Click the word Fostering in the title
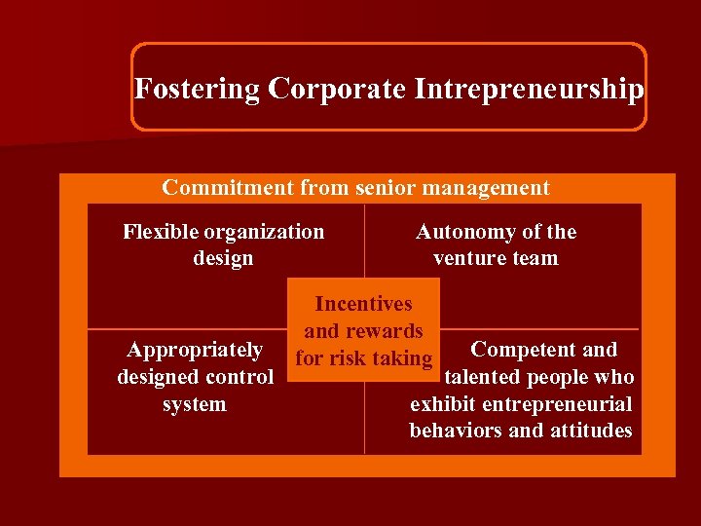click(197, 90)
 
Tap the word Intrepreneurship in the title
click(529, 90)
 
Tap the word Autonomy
click(463, 232)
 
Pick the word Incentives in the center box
click(363, 305)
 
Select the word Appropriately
click(195, 350)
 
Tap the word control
click(239, 377)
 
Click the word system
click(195, 404)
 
